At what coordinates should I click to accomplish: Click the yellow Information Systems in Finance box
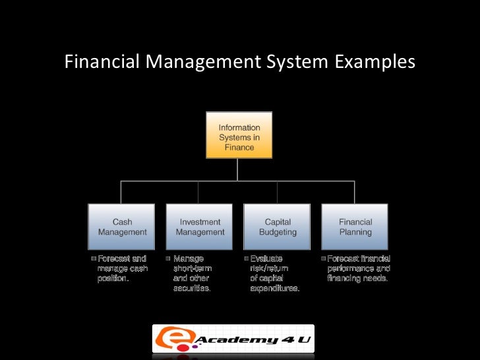tap(239, 137)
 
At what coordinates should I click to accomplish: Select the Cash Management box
tap(122, 227)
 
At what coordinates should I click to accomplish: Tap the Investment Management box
tap(200, 227)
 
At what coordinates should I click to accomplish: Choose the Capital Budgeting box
tap(278, 227)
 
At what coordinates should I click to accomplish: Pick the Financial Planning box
tap(355, 227)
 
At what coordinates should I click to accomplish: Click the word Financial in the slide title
tap(102, 62)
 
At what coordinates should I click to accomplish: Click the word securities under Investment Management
tap(192, 289)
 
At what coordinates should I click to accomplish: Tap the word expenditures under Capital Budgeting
tap(275, 289)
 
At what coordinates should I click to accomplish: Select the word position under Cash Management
tap(112, 279)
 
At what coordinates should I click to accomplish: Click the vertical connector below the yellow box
tap(239, 169)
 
